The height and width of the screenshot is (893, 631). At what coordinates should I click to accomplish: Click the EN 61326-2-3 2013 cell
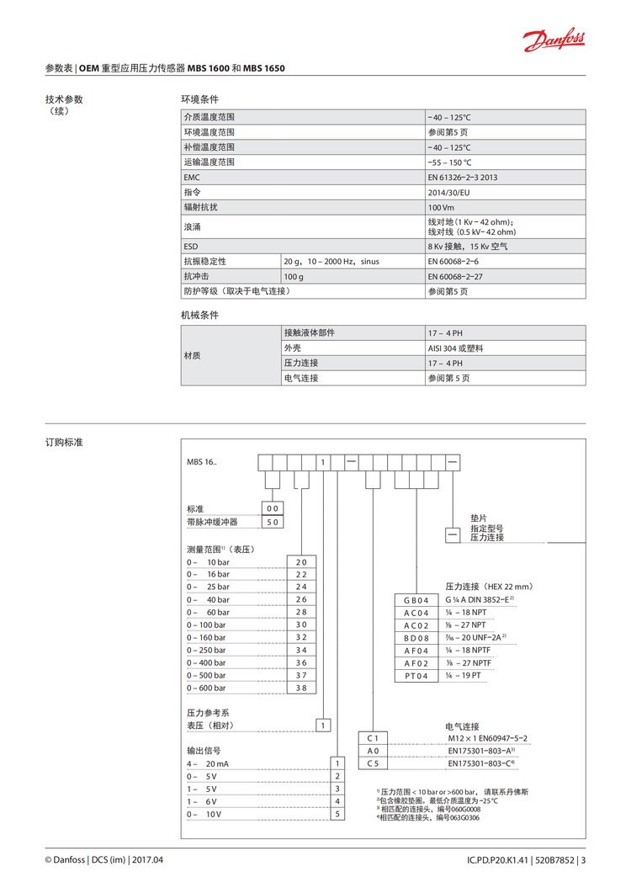point(463,178)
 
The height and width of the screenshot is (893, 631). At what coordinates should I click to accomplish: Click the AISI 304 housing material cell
point(455,348)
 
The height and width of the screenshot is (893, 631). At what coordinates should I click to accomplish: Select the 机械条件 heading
point(199,315)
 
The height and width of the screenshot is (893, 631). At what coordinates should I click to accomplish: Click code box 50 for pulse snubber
point(273,522)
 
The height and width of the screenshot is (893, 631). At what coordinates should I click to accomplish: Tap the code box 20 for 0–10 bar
point(301,561)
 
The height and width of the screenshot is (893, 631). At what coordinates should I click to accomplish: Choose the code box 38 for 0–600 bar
point(301,688)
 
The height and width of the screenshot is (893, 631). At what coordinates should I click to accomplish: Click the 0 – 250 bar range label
point(206,650)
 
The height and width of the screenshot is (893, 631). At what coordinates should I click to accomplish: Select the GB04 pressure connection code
point(416,600)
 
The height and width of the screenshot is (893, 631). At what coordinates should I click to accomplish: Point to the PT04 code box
point(416,676)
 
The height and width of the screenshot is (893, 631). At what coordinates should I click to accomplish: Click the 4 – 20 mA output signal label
point(208,763)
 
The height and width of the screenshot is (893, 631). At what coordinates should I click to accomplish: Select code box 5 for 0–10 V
point(338,814)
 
